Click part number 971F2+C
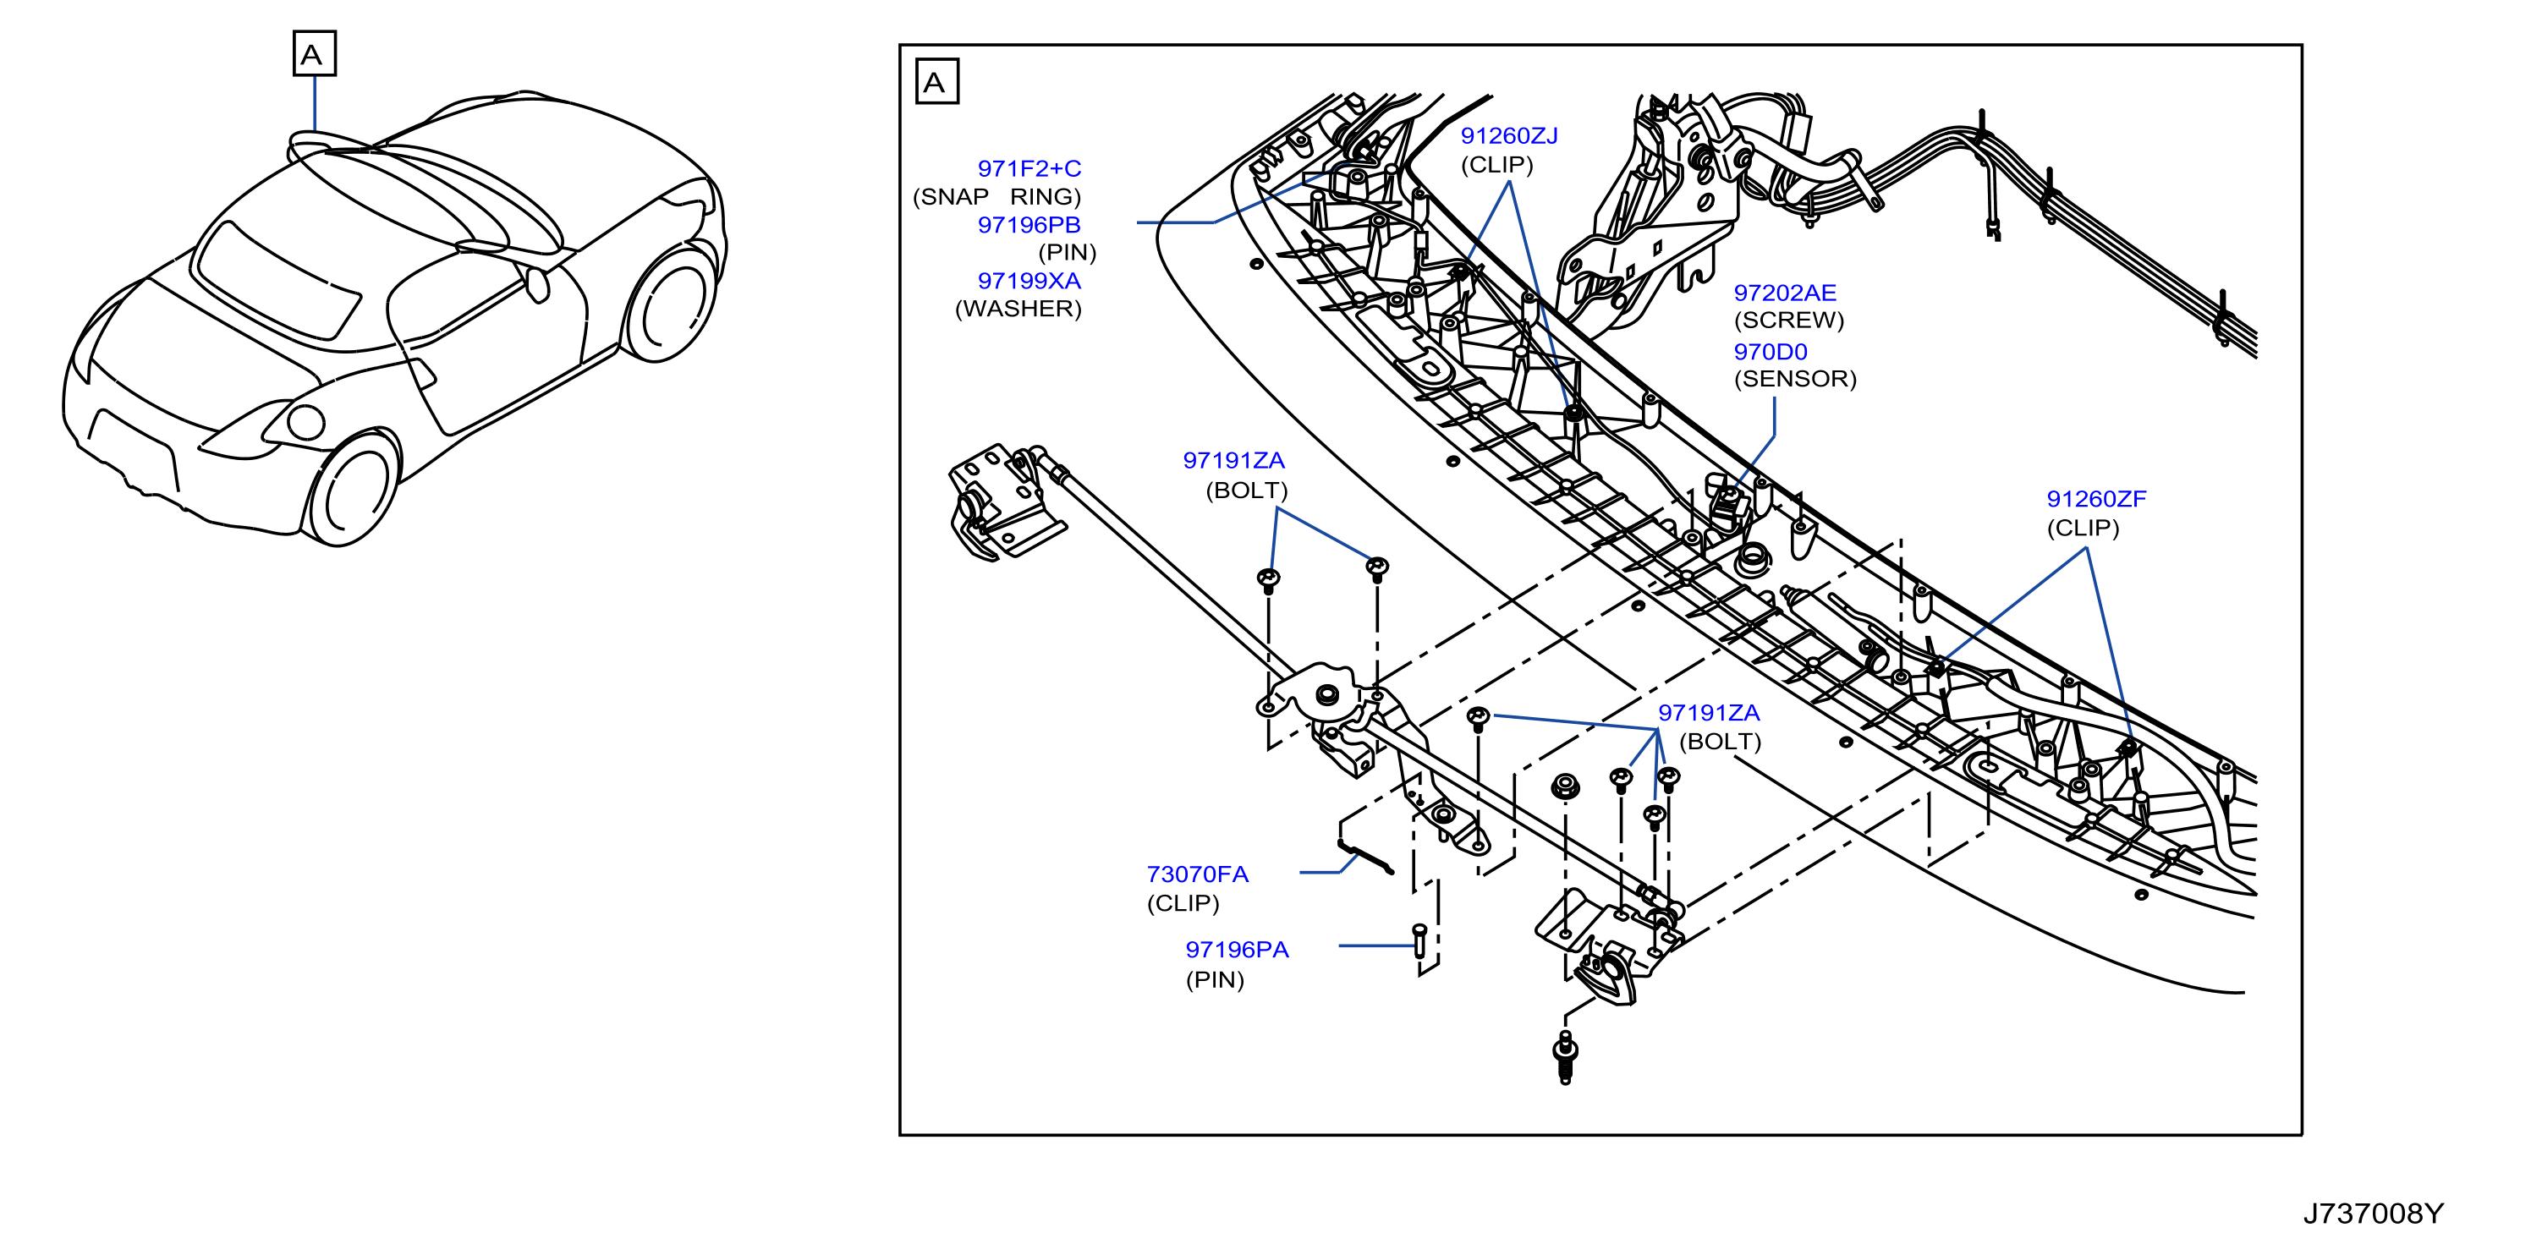pos(1029,169)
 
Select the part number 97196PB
pos(1029,225)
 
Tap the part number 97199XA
pos(1029,281)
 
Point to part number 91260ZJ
pos(1509,136)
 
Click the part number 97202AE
pos(1785,293)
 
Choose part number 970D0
pos(1771,352)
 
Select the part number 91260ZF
pos(2096,499)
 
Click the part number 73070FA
pos(1197,874)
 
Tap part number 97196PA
pos(1237,951)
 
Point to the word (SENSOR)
pos(1795,379)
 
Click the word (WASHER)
pos(1018,309)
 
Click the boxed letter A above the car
pos(315,53)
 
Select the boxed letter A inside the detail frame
pos(936,82)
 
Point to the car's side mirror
pos(537,285)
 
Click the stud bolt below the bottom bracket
pos(1565,1058)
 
